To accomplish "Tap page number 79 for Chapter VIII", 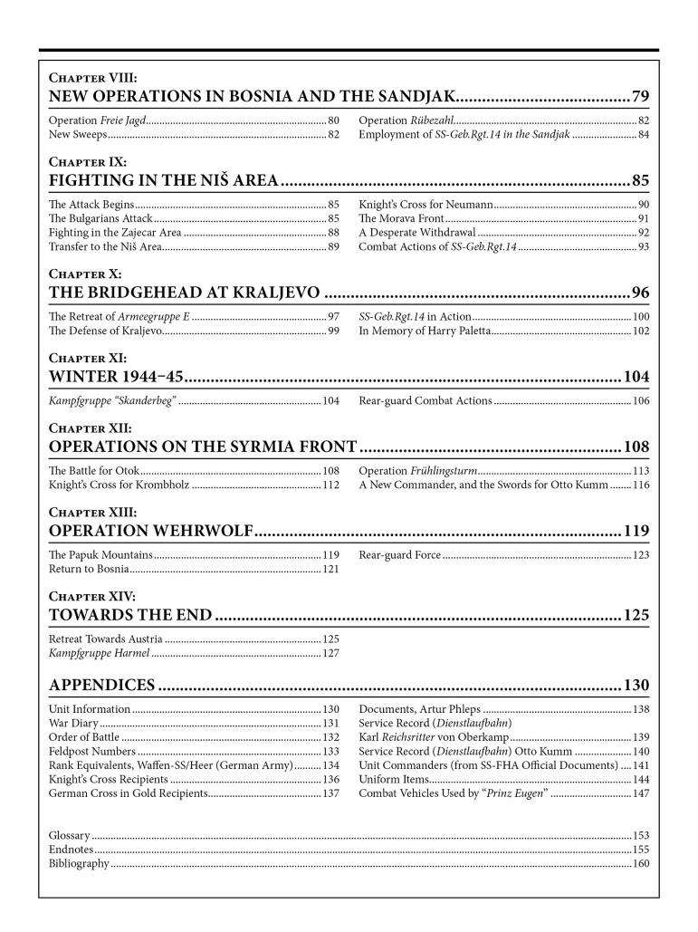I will [x=640, y=96].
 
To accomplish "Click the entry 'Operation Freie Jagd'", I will [x=99, y=120].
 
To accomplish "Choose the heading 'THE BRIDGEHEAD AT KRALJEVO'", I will [x=184, y=292].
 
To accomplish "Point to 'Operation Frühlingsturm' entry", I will [x=418, y=471].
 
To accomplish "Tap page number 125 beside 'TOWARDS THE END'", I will [x=636, y=616].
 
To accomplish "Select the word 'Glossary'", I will [x=69, y=834].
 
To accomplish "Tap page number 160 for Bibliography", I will [x=641, y=863].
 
